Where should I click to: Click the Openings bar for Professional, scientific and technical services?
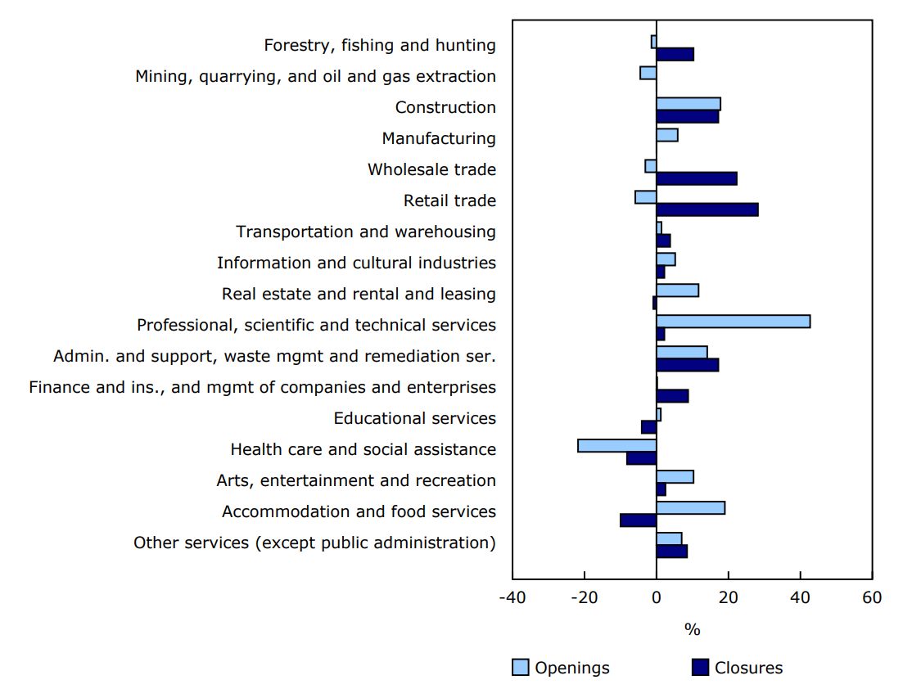click(733, 322)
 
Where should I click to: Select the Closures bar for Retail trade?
click(707, 209)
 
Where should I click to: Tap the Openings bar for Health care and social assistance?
click(616, 446)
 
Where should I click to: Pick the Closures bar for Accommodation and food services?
click(638, 520)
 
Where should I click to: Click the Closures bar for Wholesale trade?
click(696, 178)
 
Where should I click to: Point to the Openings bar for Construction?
click(688, 104)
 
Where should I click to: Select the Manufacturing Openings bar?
click(666, 135)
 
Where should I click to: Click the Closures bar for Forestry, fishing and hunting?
click(675, 54)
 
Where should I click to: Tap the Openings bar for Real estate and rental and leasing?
click(677, 290)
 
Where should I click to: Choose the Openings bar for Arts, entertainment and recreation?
click(675, 477)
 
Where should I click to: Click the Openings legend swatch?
click(520, 668)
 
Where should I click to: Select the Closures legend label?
click(748, 668)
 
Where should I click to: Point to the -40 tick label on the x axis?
click(512, 597)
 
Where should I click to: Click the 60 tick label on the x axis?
click(872, 597)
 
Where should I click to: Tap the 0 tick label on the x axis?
click(656, 597)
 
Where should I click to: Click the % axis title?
click(692, 629)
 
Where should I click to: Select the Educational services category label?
click(414, 418)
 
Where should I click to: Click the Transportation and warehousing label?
click(366, 232)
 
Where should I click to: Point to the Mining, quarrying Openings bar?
click(648, 73)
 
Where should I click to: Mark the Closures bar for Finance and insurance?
click(672, 396)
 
